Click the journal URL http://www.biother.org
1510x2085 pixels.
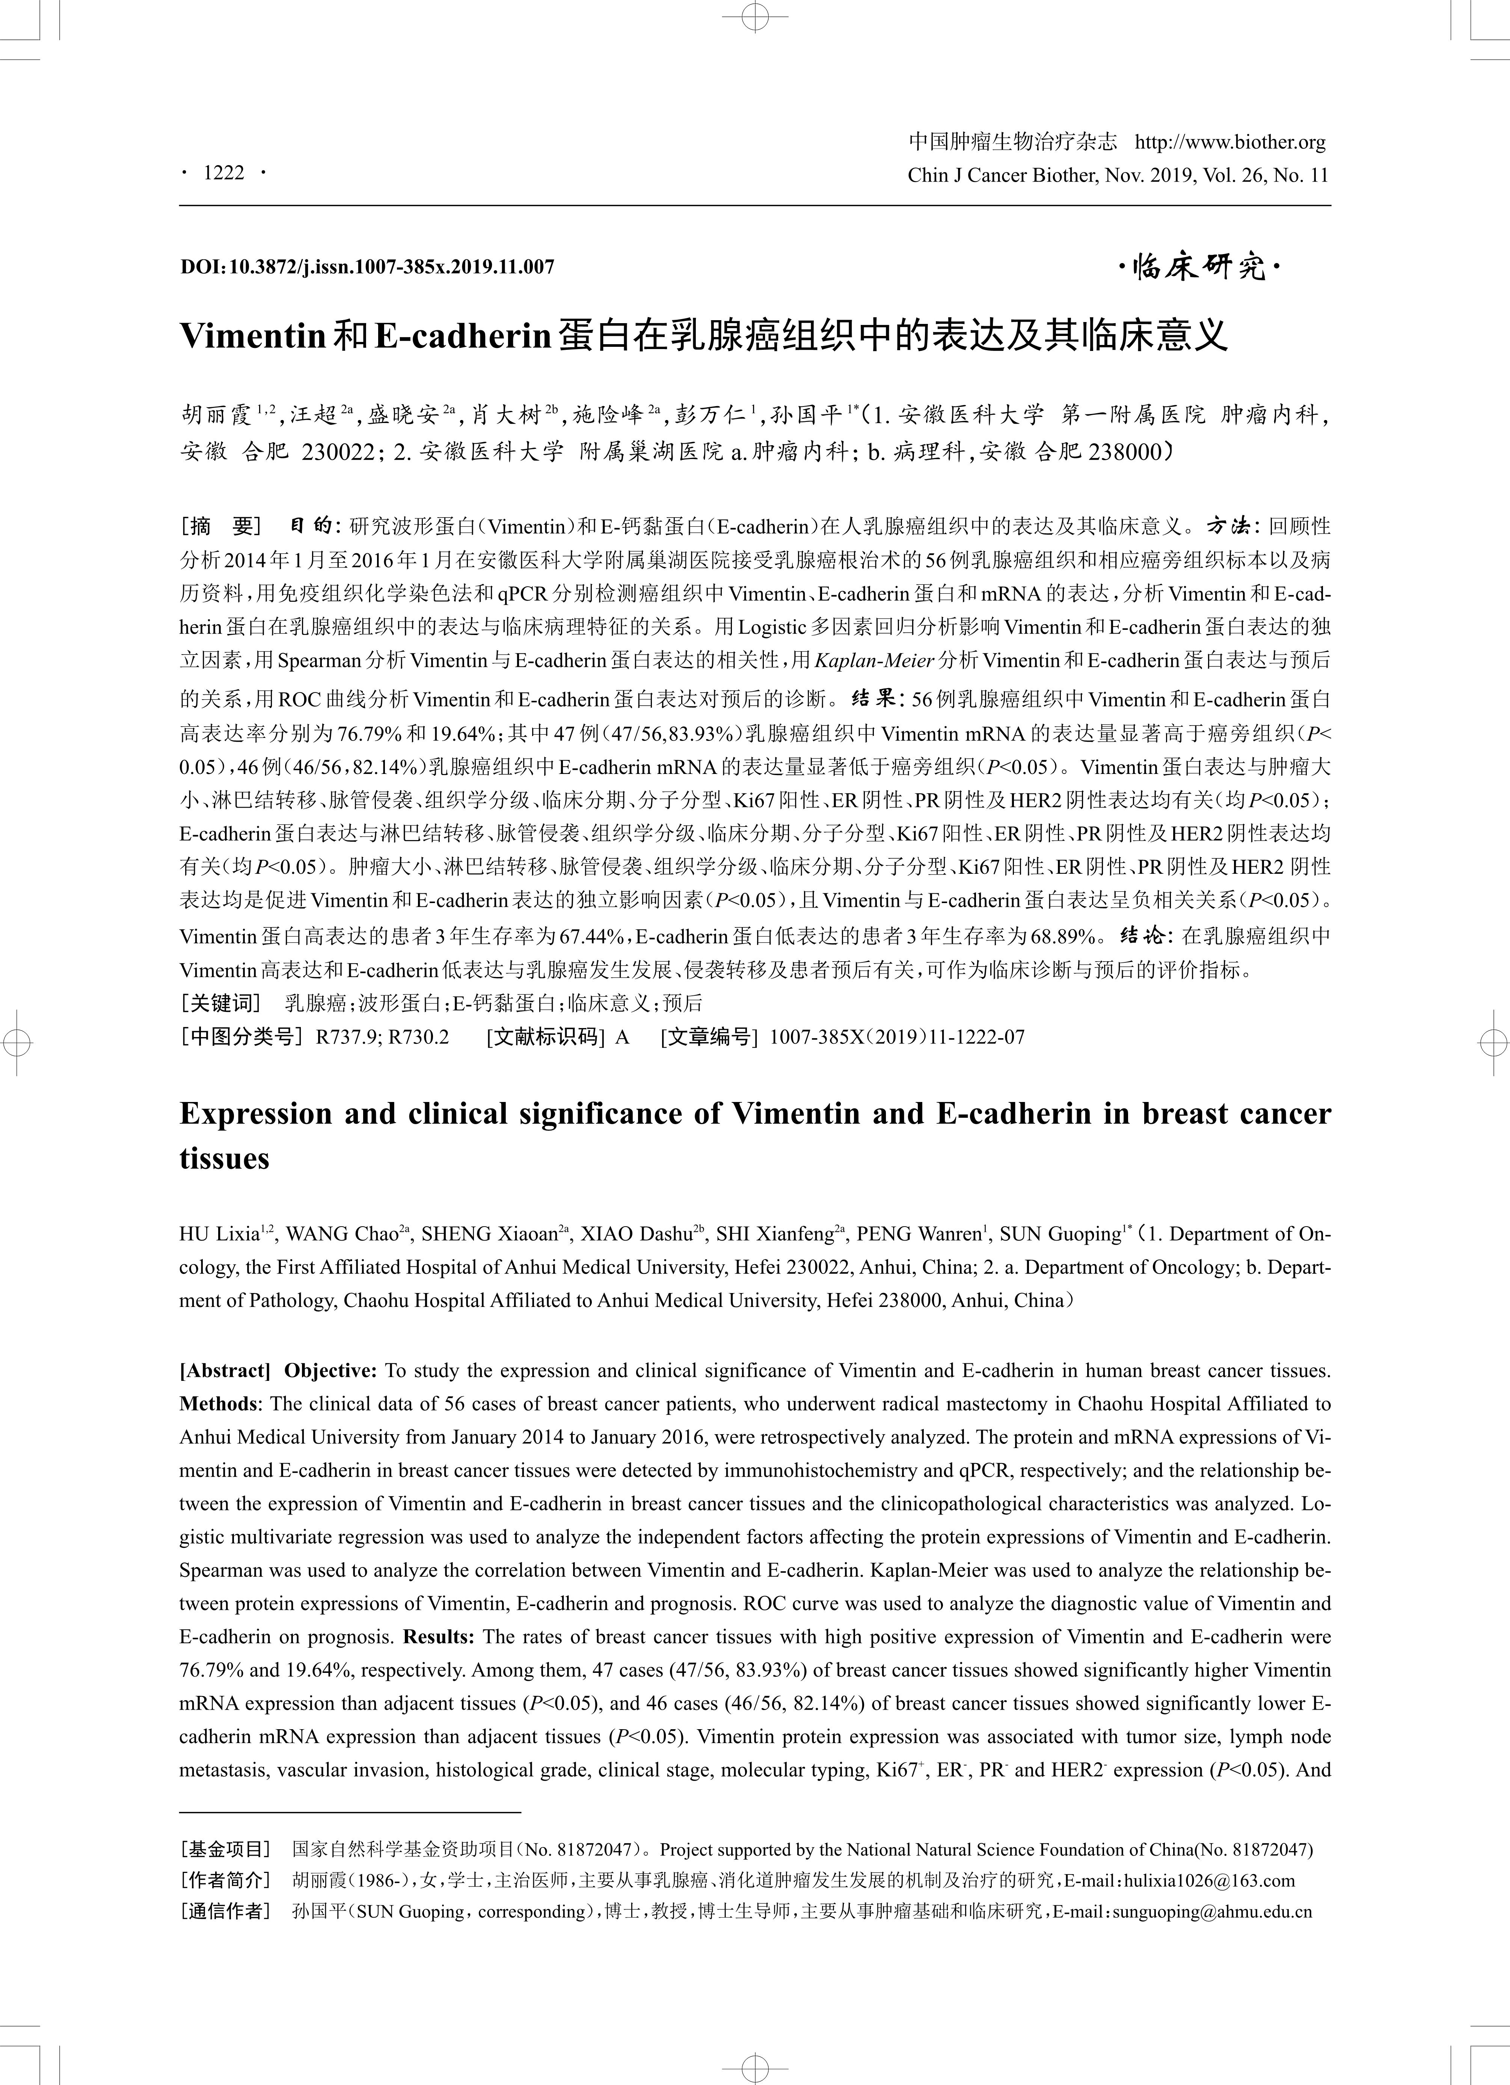(1231, 143)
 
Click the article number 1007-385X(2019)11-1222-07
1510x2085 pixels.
(897, 1037)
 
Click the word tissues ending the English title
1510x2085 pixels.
(225, 1158)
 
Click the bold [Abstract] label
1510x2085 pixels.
(225, 1371)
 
